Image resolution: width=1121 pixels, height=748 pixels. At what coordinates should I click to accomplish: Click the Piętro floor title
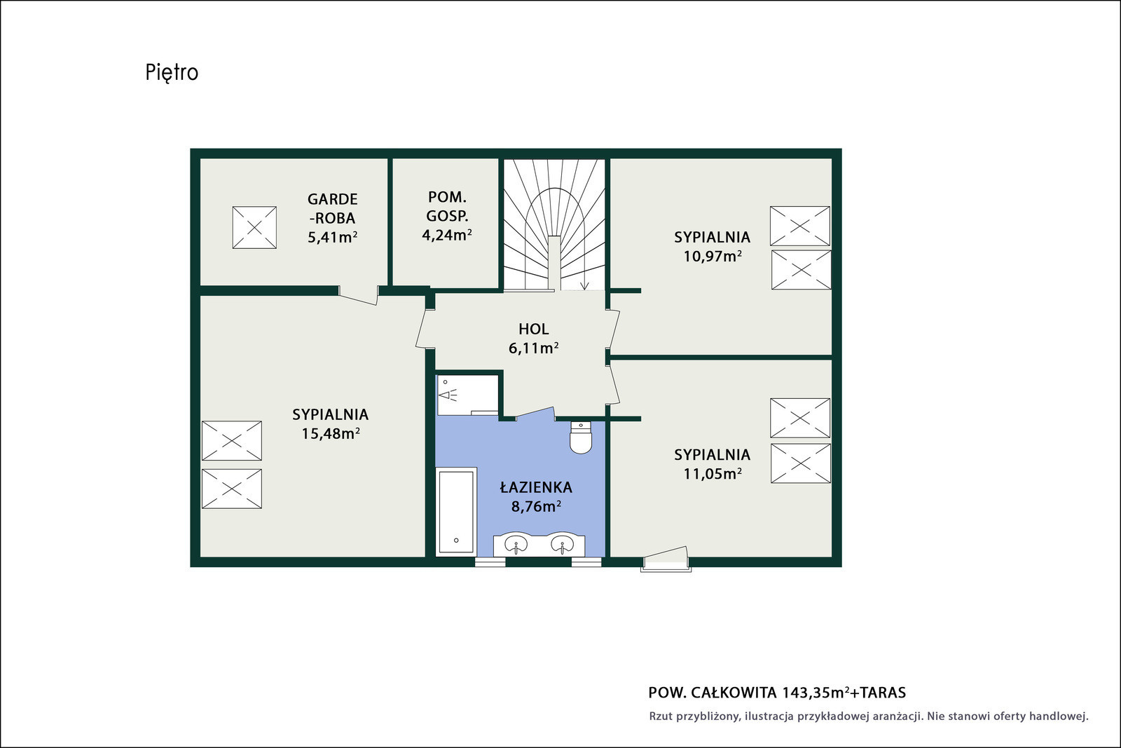coord(172,73)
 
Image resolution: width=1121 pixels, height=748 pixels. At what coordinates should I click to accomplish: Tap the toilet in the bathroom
coord(581,437)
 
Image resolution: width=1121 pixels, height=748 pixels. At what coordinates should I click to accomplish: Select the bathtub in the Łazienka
coord(456,512)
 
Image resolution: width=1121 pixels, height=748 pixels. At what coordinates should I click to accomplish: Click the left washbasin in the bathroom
coord(516,544)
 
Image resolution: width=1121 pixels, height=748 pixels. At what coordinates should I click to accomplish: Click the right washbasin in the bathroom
coord(563,544)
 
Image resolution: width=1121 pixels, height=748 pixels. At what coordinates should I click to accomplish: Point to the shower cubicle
coord(467,395)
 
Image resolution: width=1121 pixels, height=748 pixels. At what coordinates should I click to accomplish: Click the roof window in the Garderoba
coord(254,227)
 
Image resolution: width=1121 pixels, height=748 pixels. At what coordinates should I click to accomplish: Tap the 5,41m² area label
coord(332,237)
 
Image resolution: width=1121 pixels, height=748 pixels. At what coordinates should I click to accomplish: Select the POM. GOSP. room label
coord(448,207)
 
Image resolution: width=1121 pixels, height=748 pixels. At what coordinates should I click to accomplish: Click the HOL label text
coord(533,329)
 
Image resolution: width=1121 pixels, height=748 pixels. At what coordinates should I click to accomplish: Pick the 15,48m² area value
coord(331,433)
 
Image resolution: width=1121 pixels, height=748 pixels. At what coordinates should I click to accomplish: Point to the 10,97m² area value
coord(712,257)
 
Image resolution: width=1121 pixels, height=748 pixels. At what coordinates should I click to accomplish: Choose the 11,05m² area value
coord(712,474)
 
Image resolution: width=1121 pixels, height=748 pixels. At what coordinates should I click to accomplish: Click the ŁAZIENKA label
coord(536,487)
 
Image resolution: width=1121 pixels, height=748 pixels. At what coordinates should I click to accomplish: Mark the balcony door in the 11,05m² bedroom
coord(666,559)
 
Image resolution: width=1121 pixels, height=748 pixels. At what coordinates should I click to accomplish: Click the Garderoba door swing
coord(358,296)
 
